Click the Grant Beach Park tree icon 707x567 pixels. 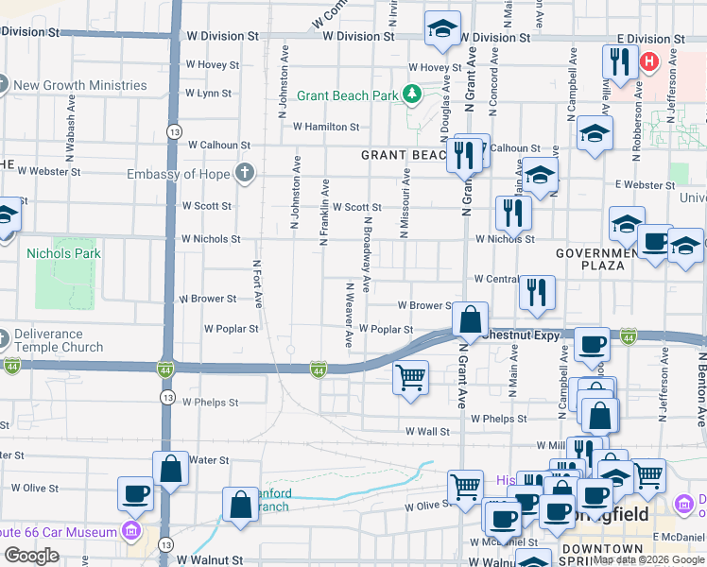tap(412, 94)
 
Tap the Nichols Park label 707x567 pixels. tap(63, 253)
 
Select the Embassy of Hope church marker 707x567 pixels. tap(245, 173)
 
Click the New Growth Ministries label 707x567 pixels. tap(80, 85)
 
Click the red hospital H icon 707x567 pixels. tap(649, 63)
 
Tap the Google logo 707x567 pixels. tap(31, 556)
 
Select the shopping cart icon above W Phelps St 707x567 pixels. tap(411, 377)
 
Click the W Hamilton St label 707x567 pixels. tap(326, 127)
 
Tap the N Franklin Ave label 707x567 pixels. tap(324, 213)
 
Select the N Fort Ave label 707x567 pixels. tap(257, 283)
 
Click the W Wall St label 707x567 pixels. tap(428, 432)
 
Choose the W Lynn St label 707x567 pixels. tap(209, 94)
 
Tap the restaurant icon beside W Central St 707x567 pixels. tap(537, 292)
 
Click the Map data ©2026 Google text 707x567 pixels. tap(648, 559)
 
